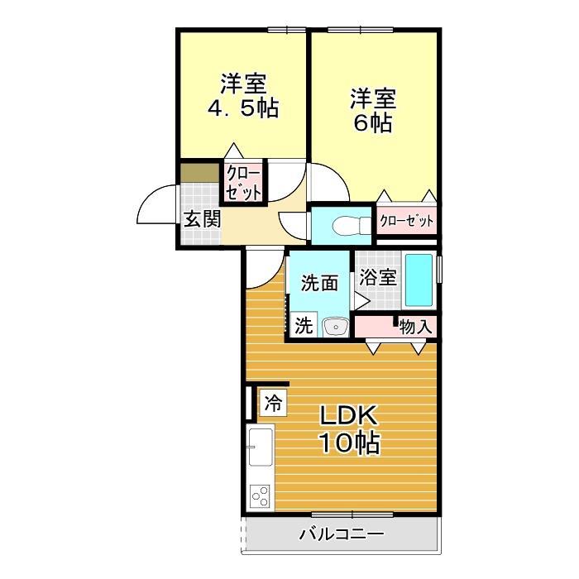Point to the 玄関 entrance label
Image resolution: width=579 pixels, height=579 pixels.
click(202, 219)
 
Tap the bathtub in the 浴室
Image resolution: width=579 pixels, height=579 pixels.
click(420, 280)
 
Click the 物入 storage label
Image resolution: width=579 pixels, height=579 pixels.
click(415, 327)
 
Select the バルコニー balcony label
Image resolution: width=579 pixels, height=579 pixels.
click(341, 534)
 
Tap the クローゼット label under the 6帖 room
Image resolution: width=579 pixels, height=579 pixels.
click(406, 222)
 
